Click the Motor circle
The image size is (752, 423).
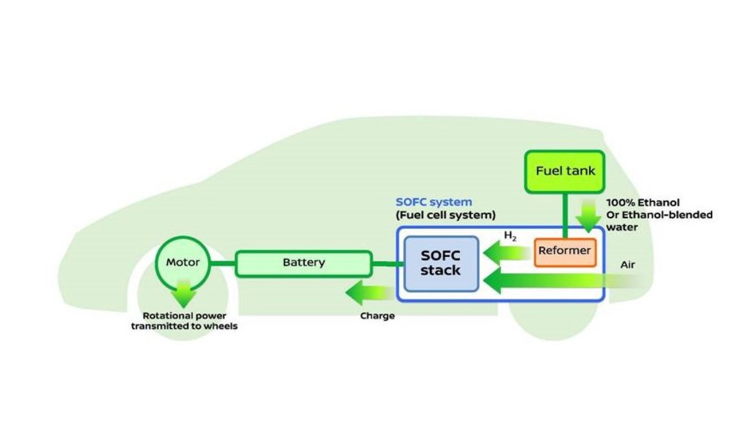[183, 262]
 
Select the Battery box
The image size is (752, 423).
[303, 263]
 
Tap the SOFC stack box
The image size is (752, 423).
[441, 263]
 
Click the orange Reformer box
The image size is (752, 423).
[565, 251]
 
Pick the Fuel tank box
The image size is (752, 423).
[565, 171]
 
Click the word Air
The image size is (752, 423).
[627, 265]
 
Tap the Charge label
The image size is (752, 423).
[377, 316]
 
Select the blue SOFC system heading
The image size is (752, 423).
[433, 202]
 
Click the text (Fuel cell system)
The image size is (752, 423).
[445, 215]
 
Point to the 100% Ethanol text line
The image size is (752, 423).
[643, 203]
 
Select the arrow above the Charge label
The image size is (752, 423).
[370, 292]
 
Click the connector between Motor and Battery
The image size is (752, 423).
[224, 263]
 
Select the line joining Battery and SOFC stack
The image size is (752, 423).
[388, 263]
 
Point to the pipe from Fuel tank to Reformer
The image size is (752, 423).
[565, 214]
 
